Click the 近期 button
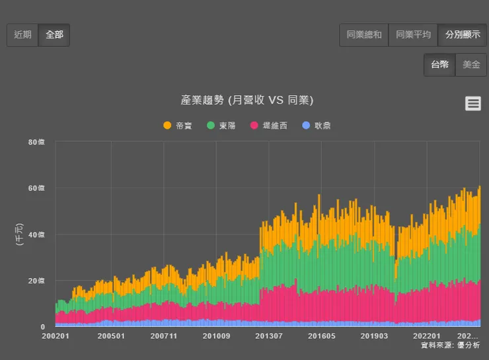point(22,35)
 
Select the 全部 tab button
point(54,35)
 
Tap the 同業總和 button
point(364,35)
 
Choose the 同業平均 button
point(413,35)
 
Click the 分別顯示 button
point(462,35)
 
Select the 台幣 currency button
point(439,65)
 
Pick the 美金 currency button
point(471,65)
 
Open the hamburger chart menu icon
point(473,103)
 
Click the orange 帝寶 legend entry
point(178,126)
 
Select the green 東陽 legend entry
point(221,126)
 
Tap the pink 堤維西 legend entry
point(269,126)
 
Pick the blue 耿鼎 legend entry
point(317,126)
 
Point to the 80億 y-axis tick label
point(37,142)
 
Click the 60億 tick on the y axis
point(37,188)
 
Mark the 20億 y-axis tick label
point(37,281)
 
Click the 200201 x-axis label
point(56,336)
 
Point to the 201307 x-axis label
point(269,336)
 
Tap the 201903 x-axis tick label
point(375,336)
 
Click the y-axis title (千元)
point(18,234)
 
